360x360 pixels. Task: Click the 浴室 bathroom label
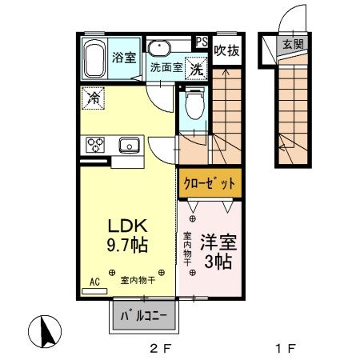tap(123, 58)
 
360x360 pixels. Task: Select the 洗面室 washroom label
tap(166, 67)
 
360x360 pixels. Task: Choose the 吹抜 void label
tap(226, 50)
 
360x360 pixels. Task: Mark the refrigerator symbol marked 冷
tap(94, 99)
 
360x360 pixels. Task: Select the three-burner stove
tap(96, 145)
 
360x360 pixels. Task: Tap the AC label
tap(94, 282)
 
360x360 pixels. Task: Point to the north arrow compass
tap(46, 331)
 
